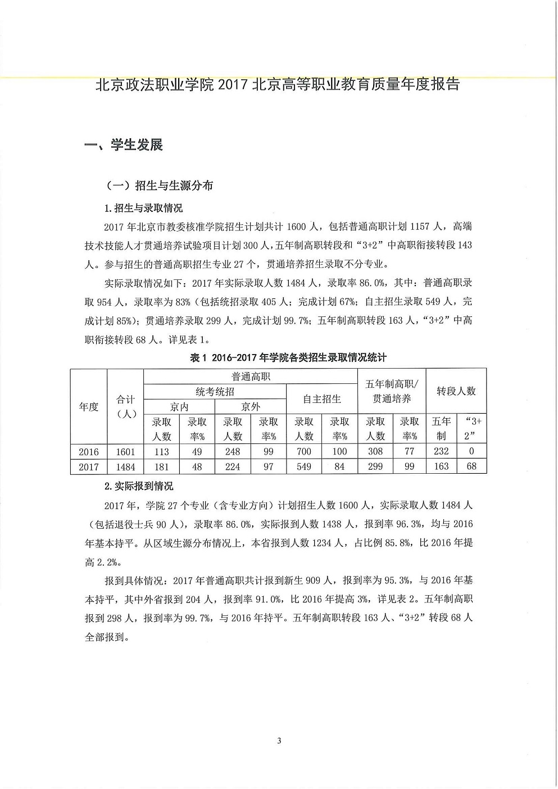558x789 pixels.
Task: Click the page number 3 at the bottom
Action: [279, 741]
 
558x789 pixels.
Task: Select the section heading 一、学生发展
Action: [123, 145]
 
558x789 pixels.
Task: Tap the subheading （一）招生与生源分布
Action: [160, 185]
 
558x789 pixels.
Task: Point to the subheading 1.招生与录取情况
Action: [144, 208]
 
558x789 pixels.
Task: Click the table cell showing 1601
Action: [125, 451]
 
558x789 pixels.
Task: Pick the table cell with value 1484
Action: [125, 466]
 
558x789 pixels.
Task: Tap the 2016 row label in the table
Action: [89, 451]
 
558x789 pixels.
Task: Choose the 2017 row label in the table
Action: [89, 466]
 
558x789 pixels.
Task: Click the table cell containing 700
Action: [304, 451]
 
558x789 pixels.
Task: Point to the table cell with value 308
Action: [375, 451]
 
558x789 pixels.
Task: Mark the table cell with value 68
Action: [471, 466]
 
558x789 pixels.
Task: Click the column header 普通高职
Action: [251, 377]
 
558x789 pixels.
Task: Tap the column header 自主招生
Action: [321, 399]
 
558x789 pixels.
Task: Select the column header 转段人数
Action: [456, 391]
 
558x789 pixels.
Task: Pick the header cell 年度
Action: [89, 406]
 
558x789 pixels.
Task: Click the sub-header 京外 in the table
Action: [251, 407]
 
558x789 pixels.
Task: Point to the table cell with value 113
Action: [161, 451]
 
